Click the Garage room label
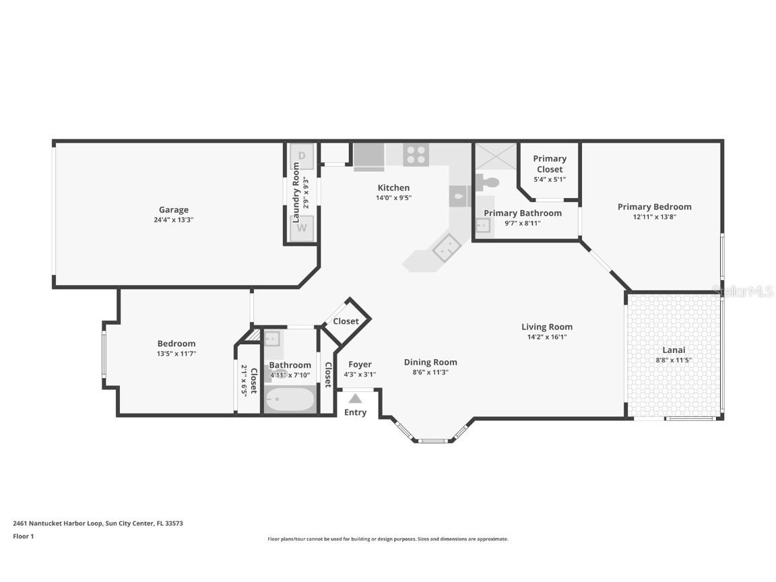tap(173, 209)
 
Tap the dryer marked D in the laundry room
tap(302, 156)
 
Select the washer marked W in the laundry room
tap(302, 228)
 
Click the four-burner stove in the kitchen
tap(416, 154)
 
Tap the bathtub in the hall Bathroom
tap(290, 399)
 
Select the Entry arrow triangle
tap(355, 398)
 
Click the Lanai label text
tap(674, 350)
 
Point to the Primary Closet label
tap(550, 164)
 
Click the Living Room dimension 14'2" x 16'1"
tap(546, 337)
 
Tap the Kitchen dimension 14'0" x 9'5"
tap(393, 198)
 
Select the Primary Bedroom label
tap(654, 207)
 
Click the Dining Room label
tap(430, 362)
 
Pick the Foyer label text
tap(360, 364)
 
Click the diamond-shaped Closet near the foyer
tap(346, 321)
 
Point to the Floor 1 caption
tap(23, 536)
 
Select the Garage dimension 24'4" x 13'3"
tap(173, 220)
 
